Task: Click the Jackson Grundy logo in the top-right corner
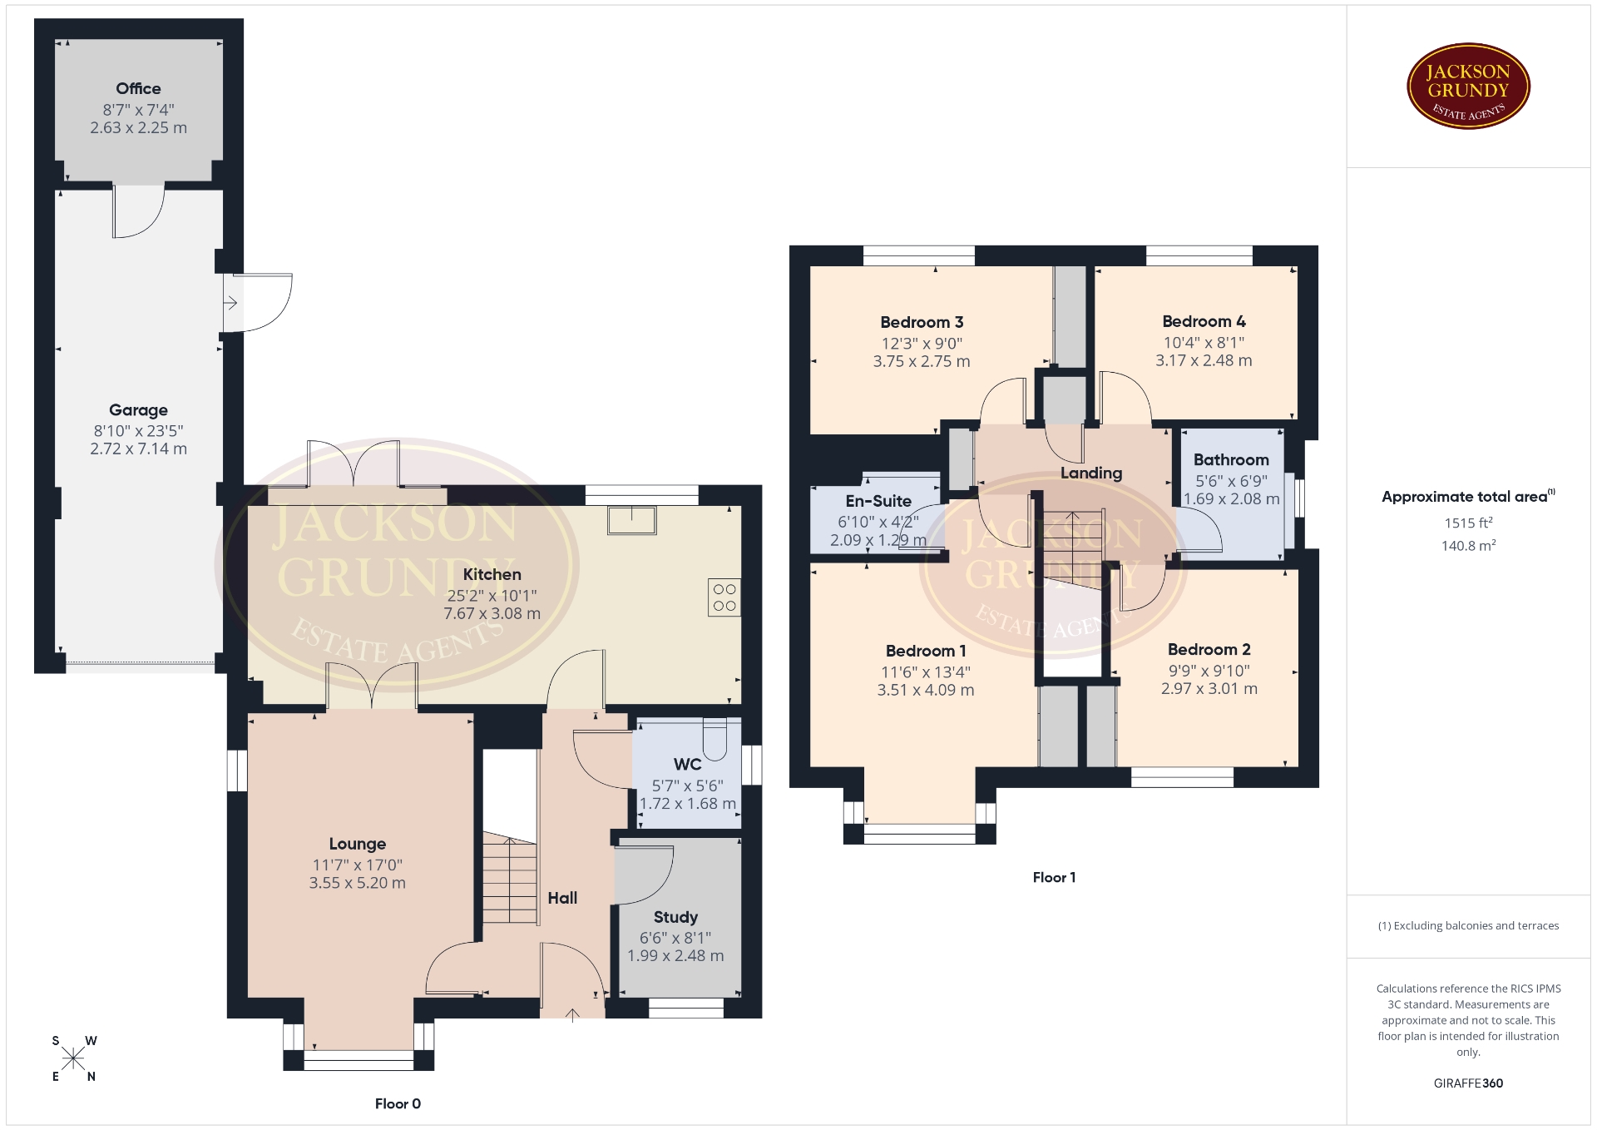(1468, 87)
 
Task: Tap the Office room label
(138, 88)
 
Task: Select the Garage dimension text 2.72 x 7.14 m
(138, 449)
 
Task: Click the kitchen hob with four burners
(724, 597)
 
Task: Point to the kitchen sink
(632, 519)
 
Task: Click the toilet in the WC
(715, 734)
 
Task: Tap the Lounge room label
(358, 844)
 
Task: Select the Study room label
(675, 917)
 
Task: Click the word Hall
(562, 898)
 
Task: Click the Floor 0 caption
(398, 1104)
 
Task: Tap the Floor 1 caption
(1054, 878)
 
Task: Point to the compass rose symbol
(73, 1058)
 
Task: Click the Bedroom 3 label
(922, 322)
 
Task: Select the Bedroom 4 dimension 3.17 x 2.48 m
(1204, 360)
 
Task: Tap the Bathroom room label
(1231, 459)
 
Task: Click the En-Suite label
(878, 501)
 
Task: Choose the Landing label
(1091, 473)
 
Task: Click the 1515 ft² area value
(1468, 523)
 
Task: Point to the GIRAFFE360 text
(1468, 1083)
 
